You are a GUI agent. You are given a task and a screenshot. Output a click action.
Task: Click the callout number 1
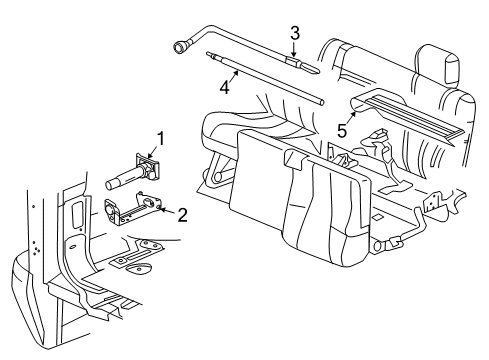[x=156, y=138]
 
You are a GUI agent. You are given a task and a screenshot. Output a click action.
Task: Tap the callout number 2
[x=183, y=212]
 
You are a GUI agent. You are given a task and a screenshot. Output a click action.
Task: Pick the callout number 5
[x=341, y=129]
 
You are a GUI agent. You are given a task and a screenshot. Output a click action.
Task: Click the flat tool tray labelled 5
[x=406, y=113]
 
